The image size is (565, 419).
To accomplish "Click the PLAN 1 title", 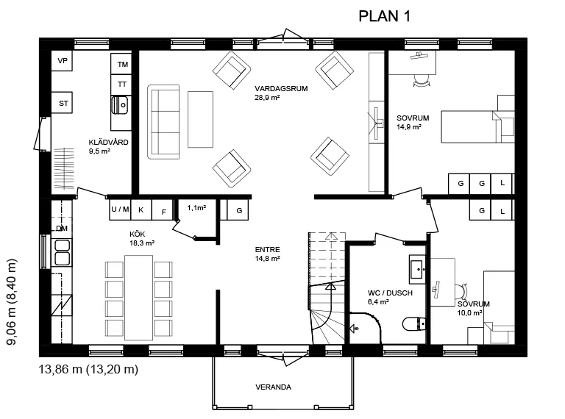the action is (x=384, y=16).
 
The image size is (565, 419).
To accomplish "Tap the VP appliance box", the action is (x=62, y=61).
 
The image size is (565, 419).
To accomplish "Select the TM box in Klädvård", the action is (x=121, y=64).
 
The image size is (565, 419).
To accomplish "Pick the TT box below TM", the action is (x=121, y=85).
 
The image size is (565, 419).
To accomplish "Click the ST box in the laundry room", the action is (x=62, y=103).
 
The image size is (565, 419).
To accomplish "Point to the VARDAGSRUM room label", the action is (x=281, y=88).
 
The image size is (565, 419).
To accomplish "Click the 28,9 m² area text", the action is (x=267, y=98).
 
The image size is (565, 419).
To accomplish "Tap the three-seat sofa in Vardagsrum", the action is (x=163, y=122).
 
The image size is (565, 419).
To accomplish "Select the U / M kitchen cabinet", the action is (x=120, y=209).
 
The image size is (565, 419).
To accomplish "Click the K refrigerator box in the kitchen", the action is (x=141, y=209).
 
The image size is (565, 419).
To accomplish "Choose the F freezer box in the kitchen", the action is (x=163, y=209).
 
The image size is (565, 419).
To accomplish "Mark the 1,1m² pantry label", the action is (x=196, y=208).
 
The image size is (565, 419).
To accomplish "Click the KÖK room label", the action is (x=138, y=234).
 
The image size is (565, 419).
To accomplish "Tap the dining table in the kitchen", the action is (x=139, y=298).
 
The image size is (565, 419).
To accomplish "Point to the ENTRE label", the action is (x=267, y=249).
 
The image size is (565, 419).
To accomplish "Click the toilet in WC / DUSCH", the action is (x=413, y=323).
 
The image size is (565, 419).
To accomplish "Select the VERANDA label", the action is (x=273, y=387).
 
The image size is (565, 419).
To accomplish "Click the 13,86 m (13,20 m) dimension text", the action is (x=88, y=369).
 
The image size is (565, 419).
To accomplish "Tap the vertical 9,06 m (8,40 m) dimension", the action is (x=12, y=301).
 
